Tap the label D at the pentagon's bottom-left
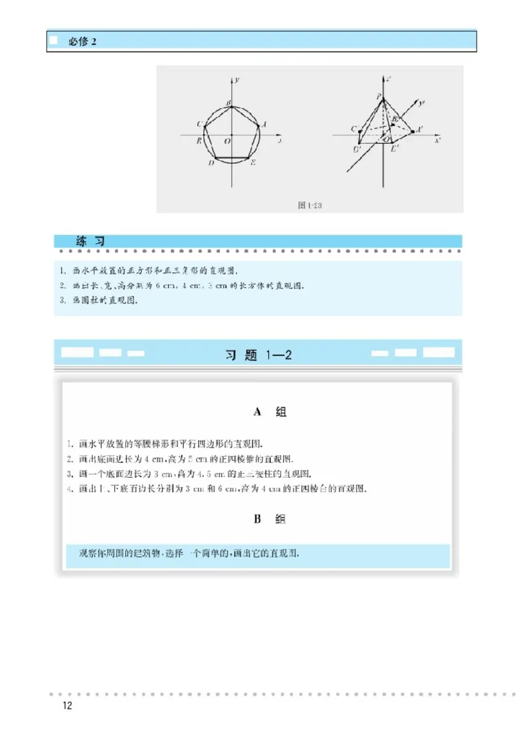(x=211, y=163)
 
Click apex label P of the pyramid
(x=379, y=96)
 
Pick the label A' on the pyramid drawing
(x=419, y=130)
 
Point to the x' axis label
(x=437, y=140)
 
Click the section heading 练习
(x=90, y=241)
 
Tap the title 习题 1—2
(x=258, y=355)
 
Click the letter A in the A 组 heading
(x=257, y=412)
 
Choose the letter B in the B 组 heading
(x=257, y=519)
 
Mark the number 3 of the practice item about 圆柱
(x=63, y=300)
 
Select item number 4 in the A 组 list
(x=70, y=489)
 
